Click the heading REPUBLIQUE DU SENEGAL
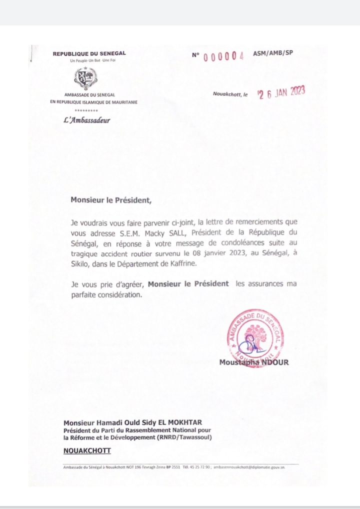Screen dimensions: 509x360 tap(89, 53)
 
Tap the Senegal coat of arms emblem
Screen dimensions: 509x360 tap(85, 77)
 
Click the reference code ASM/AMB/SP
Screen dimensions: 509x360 tap(272, 53)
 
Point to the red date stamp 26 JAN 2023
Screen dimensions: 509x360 tap(280, 93)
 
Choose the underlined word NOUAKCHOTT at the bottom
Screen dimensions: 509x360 tap(87, 450)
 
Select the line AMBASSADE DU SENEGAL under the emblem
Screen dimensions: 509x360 tap(89, 95)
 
